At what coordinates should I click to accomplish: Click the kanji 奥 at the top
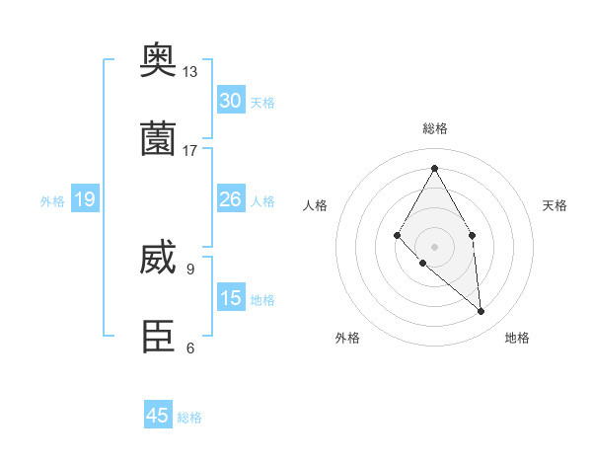[159, 61]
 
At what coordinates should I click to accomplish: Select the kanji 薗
[159, 139]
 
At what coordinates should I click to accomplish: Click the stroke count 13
[189, 72]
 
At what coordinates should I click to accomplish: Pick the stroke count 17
[189, 150]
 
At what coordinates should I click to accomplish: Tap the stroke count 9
[189, 269]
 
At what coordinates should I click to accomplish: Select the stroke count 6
[189, 348]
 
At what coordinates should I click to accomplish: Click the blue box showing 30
[231, 101]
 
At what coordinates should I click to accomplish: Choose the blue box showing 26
[231, 199]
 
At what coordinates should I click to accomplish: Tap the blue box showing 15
[231, 298]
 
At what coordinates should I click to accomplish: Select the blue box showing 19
[85, 199]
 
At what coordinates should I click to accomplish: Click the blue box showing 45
[158, 416]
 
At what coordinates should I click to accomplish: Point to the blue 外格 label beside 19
[52, 200]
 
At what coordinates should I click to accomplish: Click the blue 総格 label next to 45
[189, 418]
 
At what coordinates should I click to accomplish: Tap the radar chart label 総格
[434, 128]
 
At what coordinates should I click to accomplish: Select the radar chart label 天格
[555, 205]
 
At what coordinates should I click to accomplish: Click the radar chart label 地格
[517, 338]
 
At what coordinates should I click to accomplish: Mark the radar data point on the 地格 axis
[481, 311]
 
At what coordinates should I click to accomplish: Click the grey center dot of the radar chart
[434, 246]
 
